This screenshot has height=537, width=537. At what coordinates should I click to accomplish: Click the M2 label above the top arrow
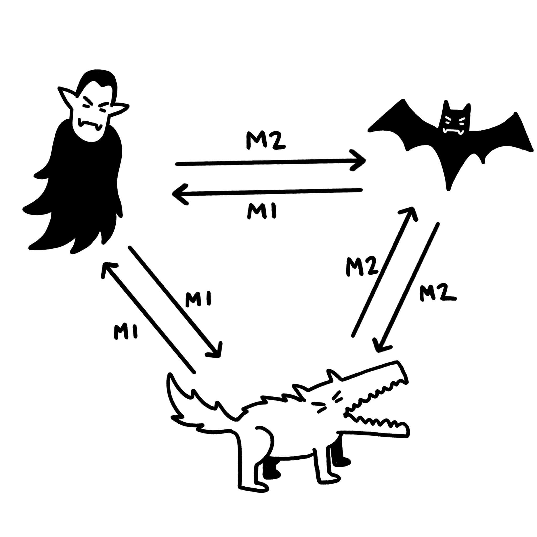266,142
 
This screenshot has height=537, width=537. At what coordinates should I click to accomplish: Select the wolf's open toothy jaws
375,414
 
